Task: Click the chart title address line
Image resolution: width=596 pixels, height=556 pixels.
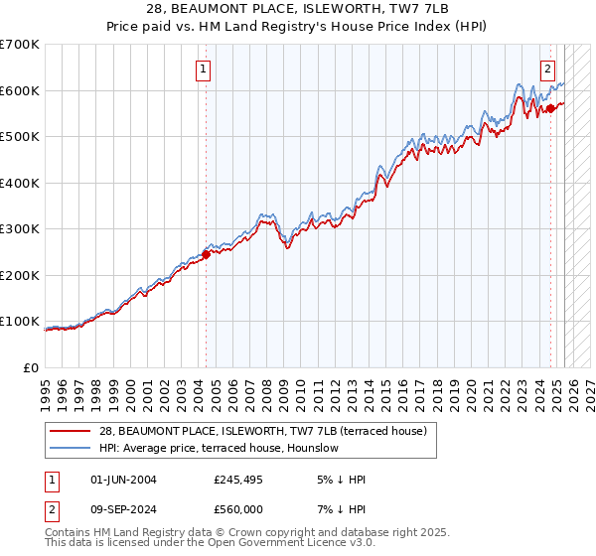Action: click(297, 9)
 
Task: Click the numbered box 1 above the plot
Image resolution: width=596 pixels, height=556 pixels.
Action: click(203, 69)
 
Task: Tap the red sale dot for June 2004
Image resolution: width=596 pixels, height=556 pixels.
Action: click(206, 254)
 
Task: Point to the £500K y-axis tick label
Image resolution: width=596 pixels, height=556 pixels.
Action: click(20, 136)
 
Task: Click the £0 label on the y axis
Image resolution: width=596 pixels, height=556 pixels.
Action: click(32, 367)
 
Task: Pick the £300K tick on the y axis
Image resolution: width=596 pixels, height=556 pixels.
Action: click(20, 228)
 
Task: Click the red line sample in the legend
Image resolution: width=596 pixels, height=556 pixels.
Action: click(72, 431)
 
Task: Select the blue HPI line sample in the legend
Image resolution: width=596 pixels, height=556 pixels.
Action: click(72, 448)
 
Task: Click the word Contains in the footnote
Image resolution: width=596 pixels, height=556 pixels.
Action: click(69, 534)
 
